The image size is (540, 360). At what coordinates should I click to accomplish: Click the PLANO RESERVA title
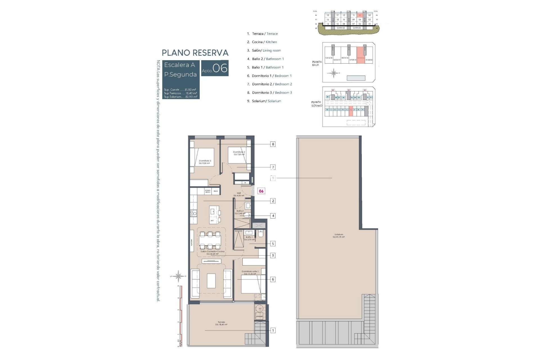point(195,53)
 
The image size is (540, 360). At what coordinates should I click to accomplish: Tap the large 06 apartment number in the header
point(220,68)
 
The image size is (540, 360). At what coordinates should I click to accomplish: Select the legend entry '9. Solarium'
point(264,101)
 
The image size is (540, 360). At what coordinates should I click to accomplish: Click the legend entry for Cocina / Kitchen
point(262,42)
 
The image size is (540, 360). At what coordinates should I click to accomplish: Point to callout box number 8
point(273,144)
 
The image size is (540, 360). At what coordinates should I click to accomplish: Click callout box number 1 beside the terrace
point(273,330)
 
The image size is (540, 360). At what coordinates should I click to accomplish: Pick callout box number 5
point(273,244)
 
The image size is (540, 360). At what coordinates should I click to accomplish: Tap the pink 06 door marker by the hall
point(261,191)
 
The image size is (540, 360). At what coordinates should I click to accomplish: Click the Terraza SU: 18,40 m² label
point(221,323)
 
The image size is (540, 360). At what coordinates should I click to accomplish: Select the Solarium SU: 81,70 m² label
point(339,236)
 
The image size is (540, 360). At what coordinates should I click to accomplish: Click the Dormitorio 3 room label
point(205,162)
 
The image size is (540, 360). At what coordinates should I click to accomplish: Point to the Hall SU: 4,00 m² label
point(239,194)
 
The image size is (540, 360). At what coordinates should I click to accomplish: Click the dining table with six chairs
point(210,241)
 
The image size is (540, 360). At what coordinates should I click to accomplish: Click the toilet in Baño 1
point(260,233)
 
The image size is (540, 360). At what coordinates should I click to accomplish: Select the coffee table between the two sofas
point(211,281)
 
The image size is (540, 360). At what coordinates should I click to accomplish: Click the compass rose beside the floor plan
point(178,276)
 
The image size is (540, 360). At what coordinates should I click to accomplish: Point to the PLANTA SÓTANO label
point(316,104)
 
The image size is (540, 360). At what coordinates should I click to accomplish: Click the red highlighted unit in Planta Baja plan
point(361,55)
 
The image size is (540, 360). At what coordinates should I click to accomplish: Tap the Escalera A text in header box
point(179,65)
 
